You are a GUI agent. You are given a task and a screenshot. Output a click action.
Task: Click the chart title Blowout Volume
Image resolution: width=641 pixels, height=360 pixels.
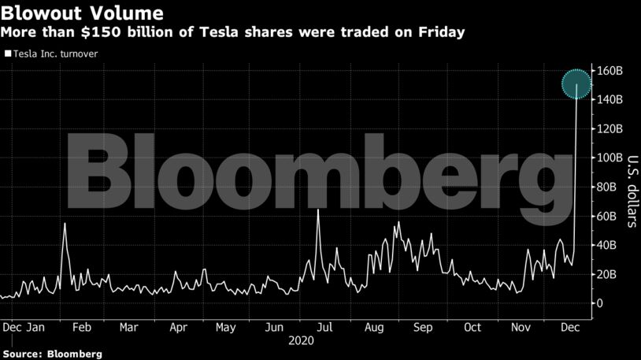[x=82, y=13]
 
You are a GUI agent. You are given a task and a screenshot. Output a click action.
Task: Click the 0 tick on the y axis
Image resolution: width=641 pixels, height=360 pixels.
[x=602, y=303]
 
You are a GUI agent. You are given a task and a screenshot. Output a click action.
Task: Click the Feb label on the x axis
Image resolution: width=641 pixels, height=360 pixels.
[x=82, y=326]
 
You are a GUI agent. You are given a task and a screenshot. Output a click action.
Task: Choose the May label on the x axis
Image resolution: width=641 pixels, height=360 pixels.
[x=226, y=326]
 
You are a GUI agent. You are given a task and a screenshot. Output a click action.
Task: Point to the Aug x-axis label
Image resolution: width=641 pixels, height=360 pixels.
[x=374, y=326]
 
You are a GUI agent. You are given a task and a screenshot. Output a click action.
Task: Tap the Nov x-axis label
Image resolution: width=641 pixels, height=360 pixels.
[x=520, y=326]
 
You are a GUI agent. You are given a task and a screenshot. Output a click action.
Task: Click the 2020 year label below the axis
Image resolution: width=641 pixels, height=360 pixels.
[x=301, y=340]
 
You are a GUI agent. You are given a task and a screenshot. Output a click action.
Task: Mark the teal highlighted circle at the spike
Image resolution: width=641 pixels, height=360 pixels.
[x=577, y=84]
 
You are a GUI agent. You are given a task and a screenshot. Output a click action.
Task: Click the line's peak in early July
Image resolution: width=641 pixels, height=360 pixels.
[x=318, y=210]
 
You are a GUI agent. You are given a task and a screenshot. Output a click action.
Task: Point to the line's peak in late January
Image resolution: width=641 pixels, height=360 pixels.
[x=65, y=224]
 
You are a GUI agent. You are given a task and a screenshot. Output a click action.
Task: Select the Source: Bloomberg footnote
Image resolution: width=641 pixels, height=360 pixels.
[x=51, y=354]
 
